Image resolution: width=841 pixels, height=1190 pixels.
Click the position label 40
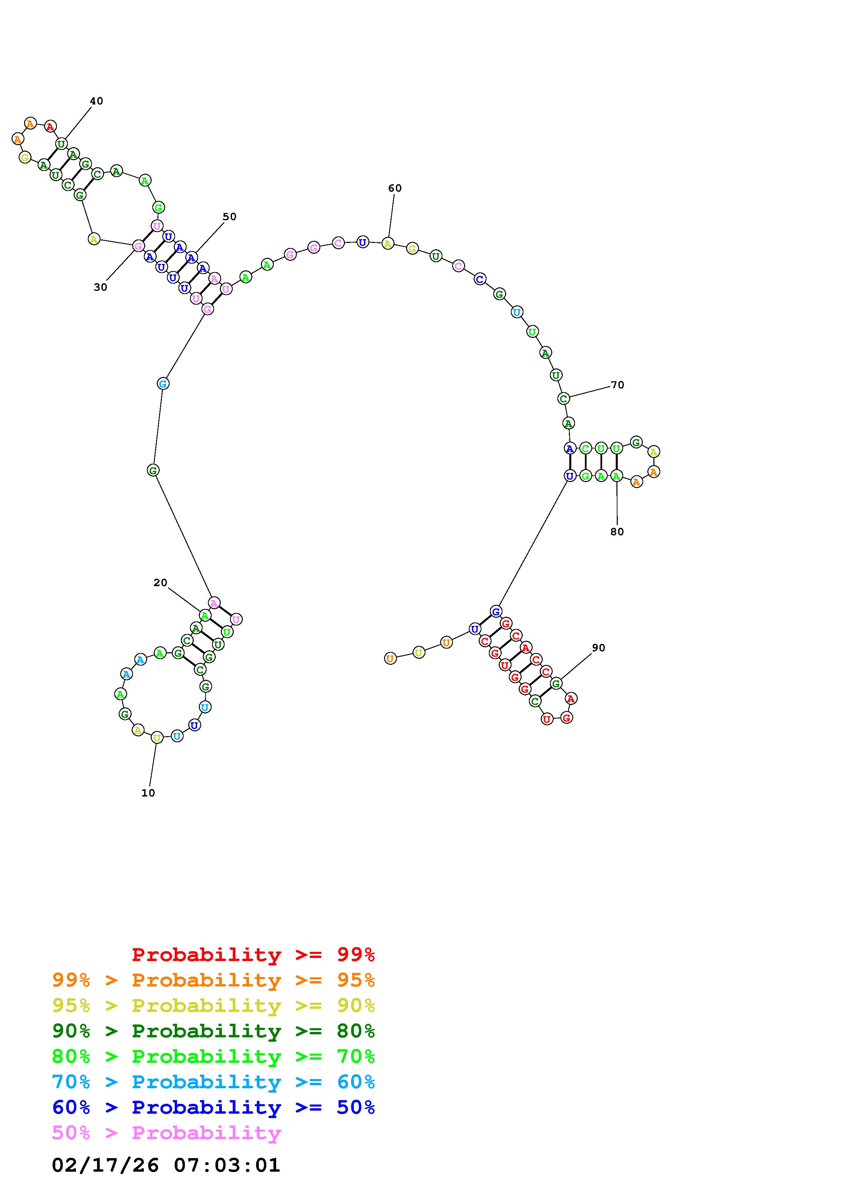(x=96, y=101)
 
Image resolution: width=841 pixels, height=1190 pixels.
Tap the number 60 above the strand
(x=395, y=188)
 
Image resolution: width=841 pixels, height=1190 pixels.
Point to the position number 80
(x=617, y=532)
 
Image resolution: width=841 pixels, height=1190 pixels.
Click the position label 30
(x=100, y=287)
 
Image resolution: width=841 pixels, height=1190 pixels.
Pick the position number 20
(x=160, y=582)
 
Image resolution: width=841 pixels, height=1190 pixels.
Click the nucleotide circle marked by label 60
(x=388, y=243)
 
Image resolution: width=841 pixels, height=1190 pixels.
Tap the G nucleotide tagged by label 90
(x=556, y=684)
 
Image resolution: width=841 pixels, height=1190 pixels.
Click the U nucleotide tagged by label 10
(x=157, y=737)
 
